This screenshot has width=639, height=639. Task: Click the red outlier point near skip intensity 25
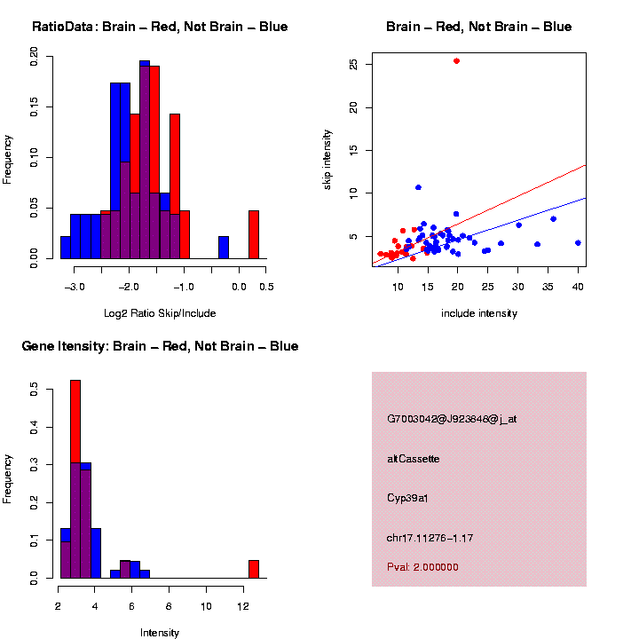pos(456,61)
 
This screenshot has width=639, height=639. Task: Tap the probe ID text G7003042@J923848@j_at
pos(452,419)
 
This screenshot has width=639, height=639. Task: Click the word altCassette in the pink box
pos(414,459)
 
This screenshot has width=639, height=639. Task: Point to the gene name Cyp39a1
pos(408,498)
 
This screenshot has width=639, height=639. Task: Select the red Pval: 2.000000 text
pos(422,567)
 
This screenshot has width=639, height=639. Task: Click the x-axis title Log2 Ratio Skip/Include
pos(160,313)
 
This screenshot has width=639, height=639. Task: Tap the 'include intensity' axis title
pos(478,313)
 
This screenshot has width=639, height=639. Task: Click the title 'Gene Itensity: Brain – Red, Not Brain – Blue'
pos(161,346)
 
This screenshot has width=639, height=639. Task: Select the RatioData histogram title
pos(160,28)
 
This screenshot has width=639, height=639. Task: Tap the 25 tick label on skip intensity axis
pos(353,65)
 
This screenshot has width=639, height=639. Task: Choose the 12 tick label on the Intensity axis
pos(243,605)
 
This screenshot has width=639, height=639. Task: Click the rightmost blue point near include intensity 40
pos(578,242)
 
